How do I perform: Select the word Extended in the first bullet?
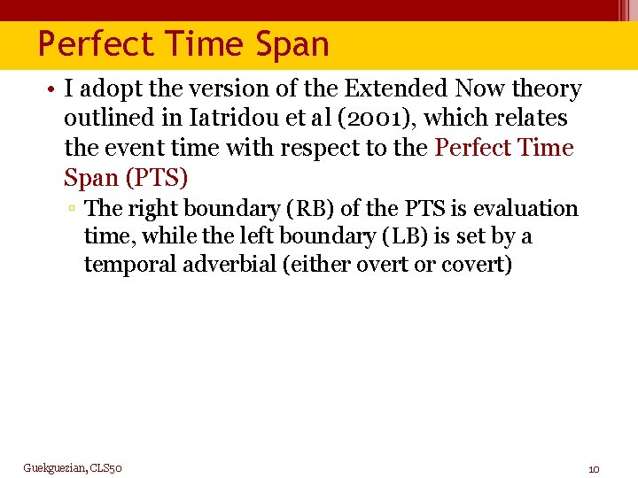click(397, 89)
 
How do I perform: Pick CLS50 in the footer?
click(105, 467)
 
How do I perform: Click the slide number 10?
click(594, 468)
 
